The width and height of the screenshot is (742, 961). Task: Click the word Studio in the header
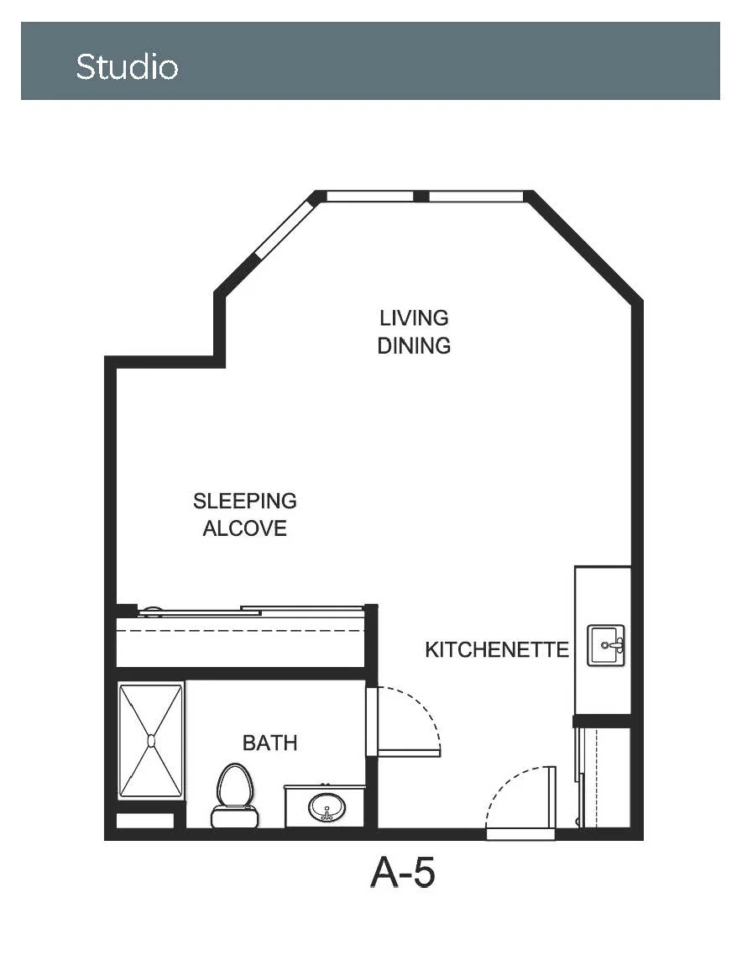pos(127,66)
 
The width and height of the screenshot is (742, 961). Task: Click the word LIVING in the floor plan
pos(414,318)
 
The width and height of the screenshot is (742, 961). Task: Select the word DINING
pos(414,345)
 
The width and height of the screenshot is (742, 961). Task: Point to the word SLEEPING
pos(245,501)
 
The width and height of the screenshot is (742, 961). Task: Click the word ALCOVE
pos(245,528)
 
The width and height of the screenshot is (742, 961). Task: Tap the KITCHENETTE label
pos(497,649)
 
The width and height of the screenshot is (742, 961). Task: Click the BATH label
pos(270,743)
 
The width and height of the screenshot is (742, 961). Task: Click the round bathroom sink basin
pos(327,807)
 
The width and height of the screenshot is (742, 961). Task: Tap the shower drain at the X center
pos(151,741)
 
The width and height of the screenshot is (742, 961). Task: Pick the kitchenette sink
pos(606,645)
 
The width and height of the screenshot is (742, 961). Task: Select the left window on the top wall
pos(370,196)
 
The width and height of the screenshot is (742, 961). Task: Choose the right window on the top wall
pos(476,196)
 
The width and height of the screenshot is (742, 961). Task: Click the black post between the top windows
pos(421,196)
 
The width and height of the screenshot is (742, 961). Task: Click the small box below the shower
pos(144,821)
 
